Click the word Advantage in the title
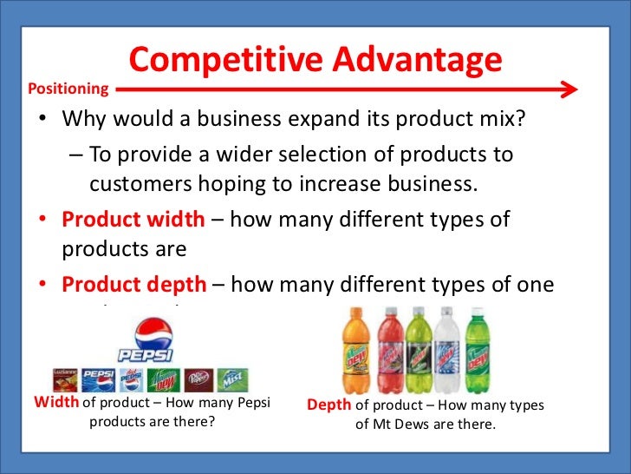(x=411, y=60)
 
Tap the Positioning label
(x=68, y=89)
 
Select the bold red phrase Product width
(x=133, y=220)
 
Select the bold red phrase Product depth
(x=133, y=284)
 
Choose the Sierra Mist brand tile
(x=232, y=379)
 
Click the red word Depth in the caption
(x=329, y=405)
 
